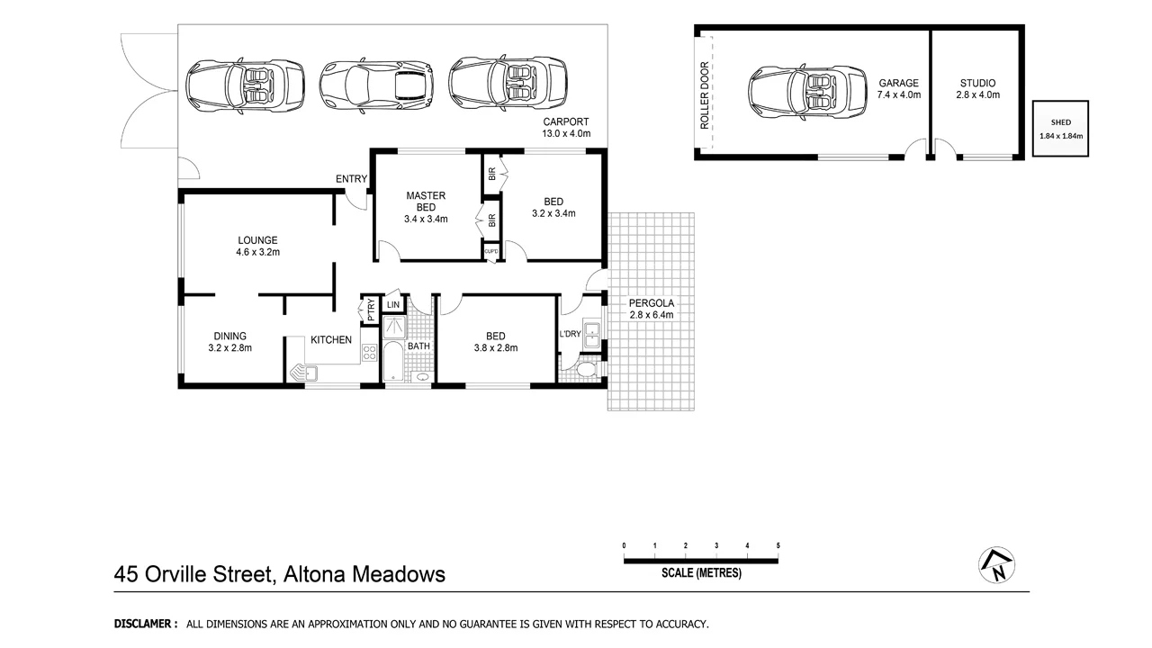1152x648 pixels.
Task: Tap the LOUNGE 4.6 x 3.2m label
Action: coord(257,246)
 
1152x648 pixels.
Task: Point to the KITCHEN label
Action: coord(331,340)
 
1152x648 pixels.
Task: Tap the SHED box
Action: coord(1060,130)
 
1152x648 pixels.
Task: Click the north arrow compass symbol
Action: coord(996,564)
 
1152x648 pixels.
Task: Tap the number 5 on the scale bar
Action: coord(778,546)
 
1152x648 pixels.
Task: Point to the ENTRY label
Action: coord(351,179)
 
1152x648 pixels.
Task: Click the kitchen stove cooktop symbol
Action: coord(368,353)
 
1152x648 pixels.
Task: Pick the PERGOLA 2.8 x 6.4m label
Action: coord(652,309)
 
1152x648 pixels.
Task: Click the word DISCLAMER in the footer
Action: coord(145,624)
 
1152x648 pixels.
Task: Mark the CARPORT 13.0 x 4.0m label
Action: coord(565,128)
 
